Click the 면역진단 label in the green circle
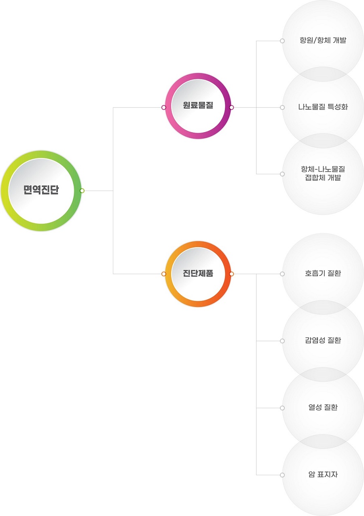coord(41,190)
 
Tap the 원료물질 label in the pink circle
coord(198,105)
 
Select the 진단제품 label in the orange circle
coord(198,273)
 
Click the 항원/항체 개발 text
coord(323,40)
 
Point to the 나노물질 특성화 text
coord(323,107)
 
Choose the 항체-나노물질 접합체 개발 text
coord(323,173)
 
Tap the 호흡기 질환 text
coord(323,273)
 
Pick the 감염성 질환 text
coord(323,340)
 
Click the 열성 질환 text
coord(323,407)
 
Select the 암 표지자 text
coord(323,474)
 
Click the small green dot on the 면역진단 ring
coord(82,190)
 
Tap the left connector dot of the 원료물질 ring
coord(163,107)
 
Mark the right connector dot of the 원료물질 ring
coord(231,107)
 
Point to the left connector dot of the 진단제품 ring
coord(163,274)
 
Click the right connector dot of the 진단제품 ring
coord(231,274)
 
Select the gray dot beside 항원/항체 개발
coord(282,41)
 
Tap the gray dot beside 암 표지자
coord(282,475)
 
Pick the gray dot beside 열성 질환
coord(282,408)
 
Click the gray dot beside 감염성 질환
coord(282,341)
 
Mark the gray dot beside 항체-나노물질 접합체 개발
coord(282,174)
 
